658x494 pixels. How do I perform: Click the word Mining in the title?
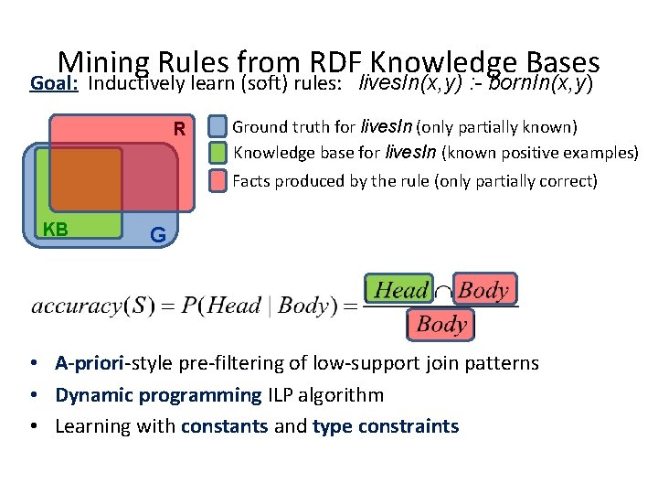pos(102,62)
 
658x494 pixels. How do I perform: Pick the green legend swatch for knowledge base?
pos(218,153)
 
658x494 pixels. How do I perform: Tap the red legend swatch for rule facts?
pos(218,180)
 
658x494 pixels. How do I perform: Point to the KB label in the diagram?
pos(56,229)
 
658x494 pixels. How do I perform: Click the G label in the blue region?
pos(157,235)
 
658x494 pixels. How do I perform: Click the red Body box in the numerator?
pos(484,291)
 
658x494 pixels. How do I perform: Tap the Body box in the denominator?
pos(441,324)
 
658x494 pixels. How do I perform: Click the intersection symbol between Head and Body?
pos(442,292)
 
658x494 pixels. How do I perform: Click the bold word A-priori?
pos(91,364)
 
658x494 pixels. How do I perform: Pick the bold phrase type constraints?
pos(385,426)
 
